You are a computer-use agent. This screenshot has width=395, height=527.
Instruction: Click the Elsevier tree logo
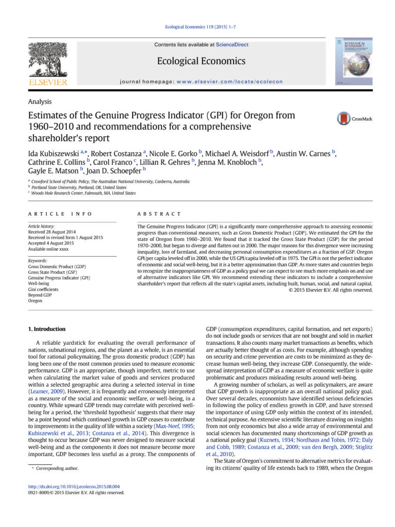coord(48,61)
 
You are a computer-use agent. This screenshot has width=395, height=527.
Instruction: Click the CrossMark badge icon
coord(344,118)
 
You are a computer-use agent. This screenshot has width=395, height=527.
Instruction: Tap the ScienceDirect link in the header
coord(232,45)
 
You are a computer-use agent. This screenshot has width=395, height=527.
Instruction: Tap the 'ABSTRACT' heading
coord(159,214)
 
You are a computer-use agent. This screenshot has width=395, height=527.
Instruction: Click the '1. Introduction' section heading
coord(46,329)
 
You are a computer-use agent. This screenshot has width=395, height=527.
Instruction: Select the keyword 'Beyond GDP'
coord(39,295)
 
